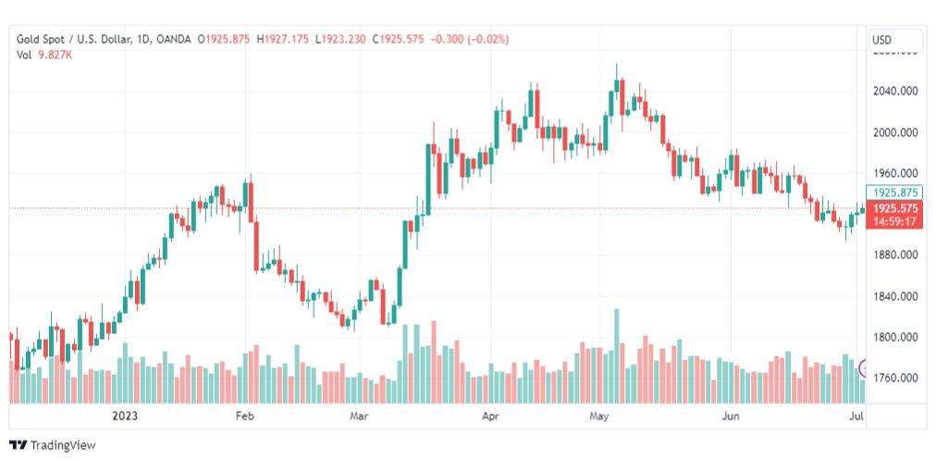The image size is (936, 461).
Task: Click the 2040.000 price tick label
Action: click(895, 91)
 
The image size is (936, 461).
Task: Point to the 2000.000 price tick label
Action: click(895, 131)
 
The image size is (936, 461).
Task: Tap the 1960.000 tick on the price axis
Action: click(895, 172)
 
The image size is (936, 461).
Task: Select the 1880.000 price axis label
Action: click(895, 255)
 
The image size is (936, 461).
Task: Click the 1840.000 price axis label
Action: click(895, 296)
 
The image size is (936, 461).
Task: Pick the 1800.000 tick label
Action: click(895, 337)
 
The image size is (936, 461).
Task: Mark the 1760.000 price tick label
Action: click(895, 378)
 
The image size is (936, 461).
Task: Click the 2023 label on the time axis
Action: click(124, 417)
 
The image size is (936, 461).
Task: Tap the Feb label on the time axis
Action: click(244, 417)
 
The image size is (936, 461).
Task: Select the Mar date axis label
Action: click(359, 417)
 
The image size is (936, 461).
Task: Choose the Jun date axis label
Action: click(731, 417)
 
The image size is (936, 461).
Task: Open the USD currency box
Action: click(895, 40)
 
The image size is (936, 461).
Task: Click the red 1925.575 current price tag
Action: click(895, 209)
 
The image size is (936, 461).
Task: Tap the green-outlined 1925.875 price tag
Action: click(895, 193)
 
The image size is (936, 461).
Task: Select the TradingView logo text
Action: click(55, 445)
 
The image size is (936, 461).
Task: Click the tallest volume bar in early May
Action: click(617, 356)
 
